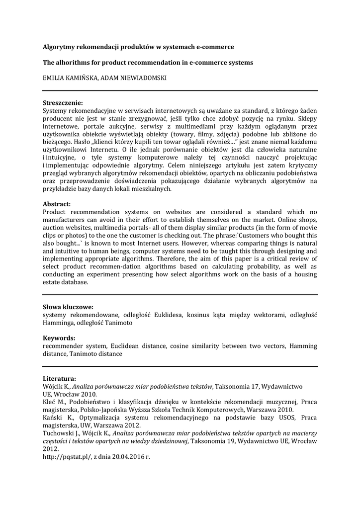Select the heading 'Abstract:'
click(57, 204)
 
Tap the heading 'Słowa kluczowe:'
click(68, 307)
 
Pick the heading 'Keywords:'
click(59, 338)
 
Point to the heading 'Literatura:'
click(59, 378)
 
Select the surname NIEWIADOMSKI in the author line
click(144, 78)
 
